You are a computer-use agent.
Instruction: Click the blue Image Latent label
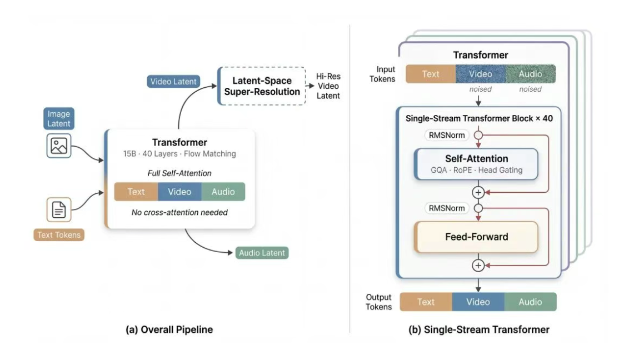click(58, 118)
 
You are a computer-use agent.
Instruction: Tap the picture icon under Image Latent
click(58, 146)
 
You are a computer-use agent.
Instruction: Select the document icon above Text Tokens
click(58, 209)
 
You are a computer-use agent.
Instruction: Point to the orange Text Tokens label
click(58, 235)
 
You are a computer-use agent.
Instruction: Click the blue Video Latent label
click(173, 81)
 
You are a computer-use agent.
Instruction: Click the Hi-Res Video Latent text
click(328, 86)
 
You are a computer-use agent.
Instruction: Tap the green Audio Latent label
click(262, 253)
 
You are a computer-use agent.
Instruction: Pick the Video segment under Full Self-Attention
click(179, 192)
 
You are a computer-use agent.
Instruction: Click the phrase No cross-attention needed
click(179, 212)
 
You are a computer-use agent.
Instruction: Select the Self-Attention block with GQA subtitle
click(476, 164)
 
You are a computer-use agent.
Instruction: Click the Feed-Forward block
click(476, 237)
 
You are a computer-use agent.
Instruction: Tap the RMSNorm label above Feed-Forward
click(446, 208)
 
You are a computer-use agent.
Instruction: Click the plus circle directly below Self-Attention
click(478, 192)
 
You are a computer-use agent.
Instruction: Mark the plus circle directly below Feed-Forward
click(478, 265)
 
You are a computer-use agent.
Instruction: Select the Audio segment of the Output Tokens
click(530, 302)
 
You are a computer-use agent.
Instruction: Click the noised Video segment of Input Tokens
click(481, 74)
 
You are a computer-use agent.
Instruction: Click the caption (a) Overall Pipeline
click(169, 329)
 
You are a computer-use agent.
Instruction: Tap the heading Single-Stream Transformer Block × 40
click(479, 118)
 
